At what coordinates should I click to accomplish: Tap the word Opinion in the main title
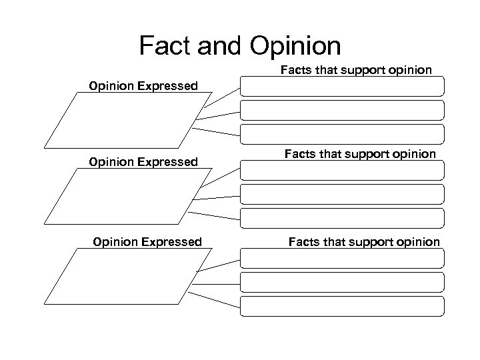[295, 45]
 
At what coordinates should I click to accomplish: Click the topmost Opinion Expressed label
[143, 85]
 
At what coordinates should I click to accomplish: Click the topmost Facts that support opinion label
[357, 69]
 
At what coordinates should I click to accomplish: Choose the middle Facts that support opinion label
[360, 154]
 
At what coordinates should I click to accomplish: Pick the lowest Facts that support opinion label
[364, 241]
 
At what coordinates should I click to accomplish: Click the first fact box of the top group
[342, 86]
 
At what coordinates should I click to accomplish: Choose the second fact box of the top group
[342, 110]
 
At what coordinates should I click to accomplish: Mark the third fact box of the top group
[342, 134]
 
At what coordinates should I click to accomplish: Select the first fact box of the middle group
[342, 169]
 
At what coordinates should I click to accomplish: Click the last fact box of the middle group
[342, 217]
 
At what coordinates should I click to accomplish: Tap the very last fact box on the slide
[342, 305]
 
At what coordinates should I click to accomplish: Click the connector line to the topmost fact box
[220, 97]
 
